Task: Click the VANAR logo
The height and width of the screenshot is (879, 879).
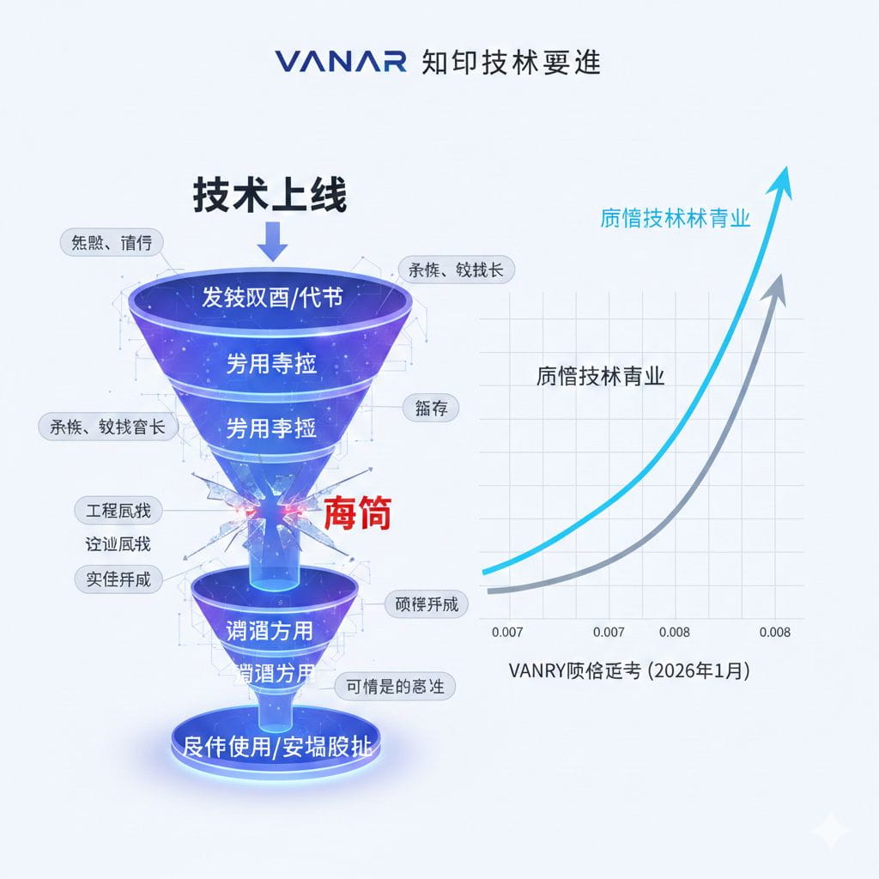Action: point(341,62)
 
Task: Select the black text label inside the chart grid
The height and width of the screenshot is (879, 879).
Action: point(600,376)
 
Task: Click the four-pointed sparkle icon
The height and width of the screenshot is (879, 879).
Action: point(831,830)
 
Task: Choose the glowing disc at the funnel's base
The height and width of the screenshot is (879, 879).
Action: point(277,745)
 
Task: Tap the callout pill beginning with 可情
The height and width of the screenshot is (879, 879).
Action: point(394,686)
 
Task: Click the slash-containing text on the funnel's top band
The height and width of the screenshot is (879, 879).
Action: point(272,297)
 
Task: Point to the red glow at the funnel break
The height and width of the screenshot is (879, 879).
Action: point(273,513)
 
